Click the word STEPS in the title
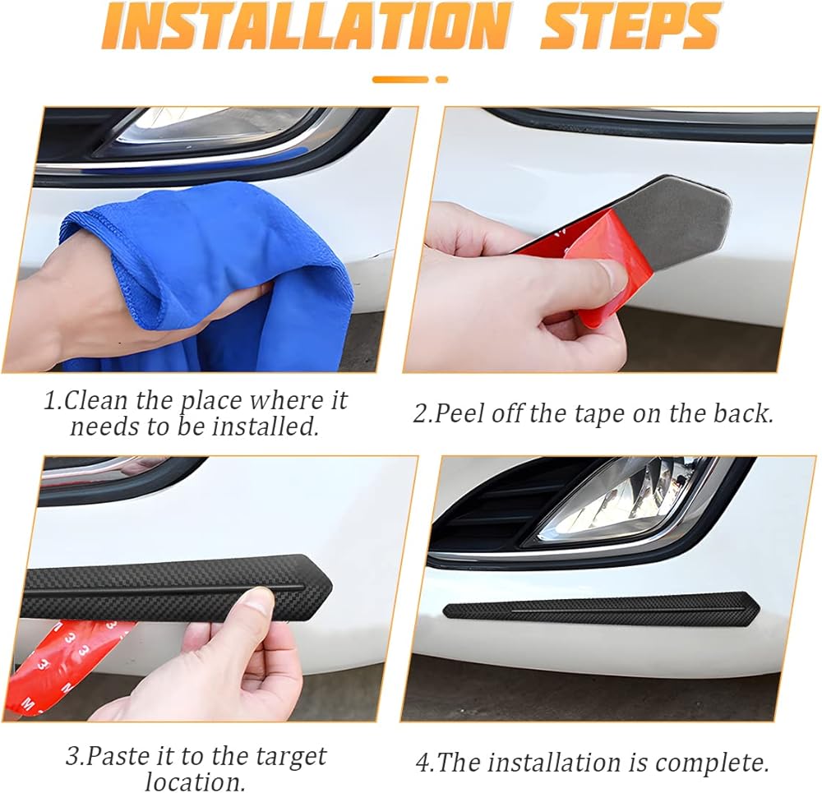click(630, 25)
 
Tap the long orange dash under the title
click(400, 80)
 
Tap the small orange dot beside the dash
click(442, 80)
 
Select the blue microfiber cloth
click(210, 273)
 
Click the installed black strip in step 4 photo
click(602, 609)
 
